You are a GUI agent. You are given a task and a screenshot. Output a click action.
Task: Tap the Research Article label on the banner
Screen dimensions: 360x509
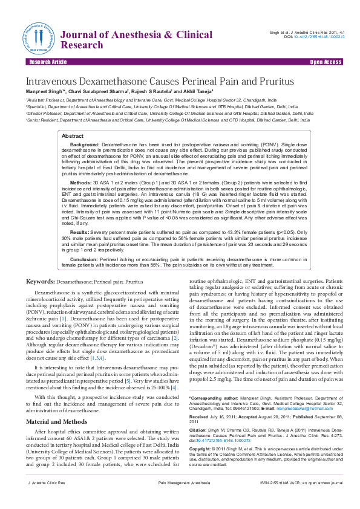47,62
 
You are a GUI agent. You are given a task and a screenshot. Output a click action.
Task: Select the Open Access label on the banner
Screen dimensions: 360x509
326,62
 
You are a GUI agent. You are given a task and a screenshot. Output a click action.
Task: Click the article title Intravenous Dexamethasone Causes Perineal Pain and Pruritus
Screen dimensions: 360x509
159,81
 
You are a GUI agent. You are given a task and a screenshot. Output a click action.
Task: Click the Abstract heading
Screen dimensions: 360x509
73,137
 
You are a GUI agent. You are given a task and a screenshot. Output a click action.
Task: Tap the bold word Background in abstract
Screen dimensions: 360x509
85,146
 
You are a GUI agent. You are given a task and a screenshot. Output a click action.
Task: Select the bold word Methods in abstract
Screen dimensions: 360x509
81,181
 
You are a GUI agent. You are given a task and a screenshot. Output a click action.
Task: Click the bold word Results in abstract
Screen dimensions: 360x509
80,232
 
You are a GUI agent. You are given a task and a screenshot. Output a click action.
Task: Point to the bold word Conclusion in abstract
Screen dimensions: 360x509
84,258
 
